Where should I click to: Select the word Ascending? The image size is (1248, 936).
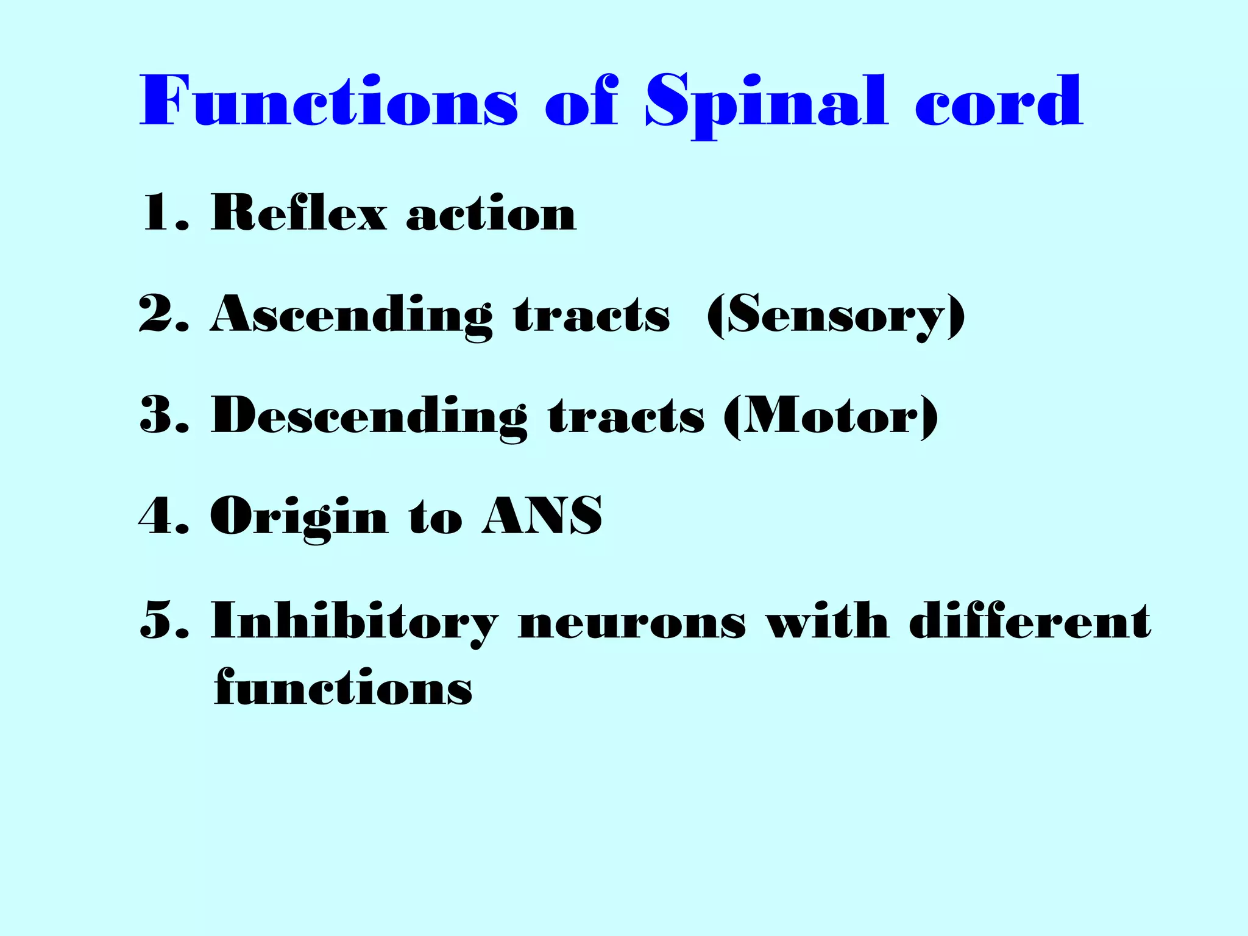(351, 316)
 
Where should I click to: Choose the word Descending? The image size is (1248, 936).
(369, 417)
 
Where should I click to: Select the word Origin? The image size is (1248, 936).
(299, 517)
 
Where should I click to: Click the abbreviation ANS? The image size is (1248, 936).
(542, 516)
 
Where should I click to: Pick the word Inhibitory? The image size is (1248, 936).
(353, 622)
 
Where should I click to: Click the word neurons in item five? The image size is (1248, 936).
(631, 623)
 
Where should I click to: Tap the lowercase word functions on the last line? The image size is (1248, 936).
(343, 687)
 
